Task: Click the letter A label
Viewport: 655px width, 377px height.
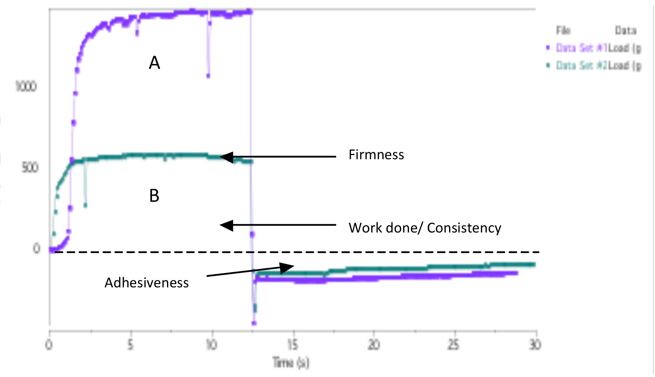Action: (154, 63)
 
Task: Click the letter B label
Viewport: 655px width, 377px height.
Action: (154, 196)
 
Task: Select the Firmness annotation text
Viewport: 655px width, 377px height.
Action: (376, 155)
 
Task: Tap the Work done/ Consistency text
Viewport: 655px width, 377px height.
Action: (425, 228)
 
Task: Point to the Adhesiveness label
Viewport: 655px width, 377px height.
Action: (147, 282)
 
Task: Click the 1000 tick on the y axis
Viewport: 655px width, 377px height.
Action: (26, 86)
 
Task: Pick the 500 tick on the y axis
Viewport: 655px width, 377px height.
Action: (29, 167)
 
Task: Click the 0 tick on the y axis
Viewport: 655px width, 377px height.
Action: (36, 248)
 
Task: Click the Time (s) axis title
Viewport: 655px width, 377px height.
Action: (291, 362)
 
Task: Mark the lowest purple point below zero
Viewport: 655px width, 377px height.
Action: (254, 323)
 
